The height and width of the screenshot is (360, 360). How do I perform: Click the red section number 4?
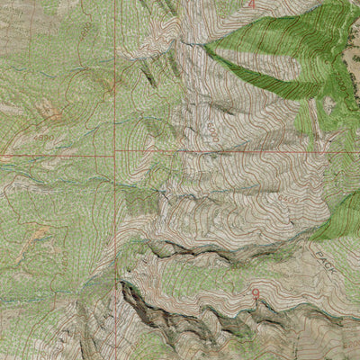click(x=252, y=4)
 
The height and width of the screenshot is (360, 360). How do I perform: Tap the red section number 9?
click(x=256, y=293)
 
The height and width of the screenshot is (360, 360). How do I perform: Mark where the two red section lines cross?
click(x=116, y=154)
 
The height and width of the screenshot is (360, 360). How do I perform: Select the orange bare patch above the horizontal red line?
click(x=49, y=112)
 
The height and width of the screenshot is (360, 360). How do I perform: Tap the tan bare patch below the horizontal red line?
click(x=40, y=236)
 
